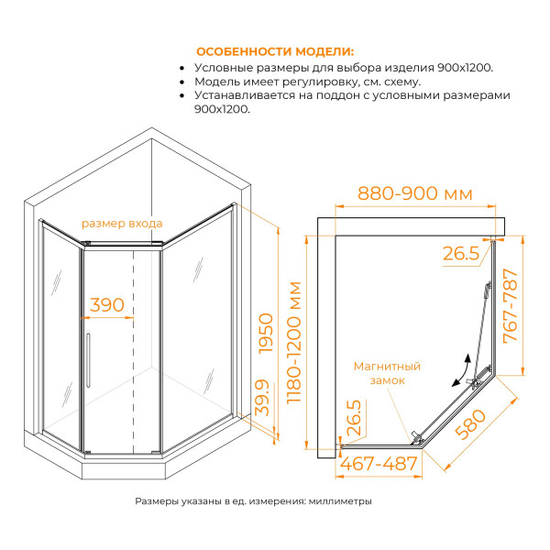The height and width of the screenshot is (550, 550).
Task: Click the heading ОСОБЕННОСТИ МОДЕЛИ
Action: tap(275, 51)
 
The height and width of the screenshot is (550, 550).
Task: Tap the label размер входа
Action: tap(122, 223)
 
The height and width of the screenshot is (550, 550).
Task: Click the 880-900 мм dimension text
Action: tap(414, 194)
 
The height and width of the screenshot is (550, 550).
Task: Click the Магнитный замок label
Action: tap(387, 372)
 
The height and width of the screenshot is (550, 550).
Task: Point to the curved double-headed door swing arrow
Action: tap(462, 370)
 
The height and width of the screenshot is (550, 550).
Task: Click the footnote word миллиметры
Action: tap(340, 501)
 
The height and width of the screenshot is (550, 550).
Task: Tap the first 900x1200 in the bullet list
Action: tap(459, 68)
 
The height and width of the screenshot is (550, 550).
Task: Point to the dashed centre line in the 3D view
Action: tap(135, 348)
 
